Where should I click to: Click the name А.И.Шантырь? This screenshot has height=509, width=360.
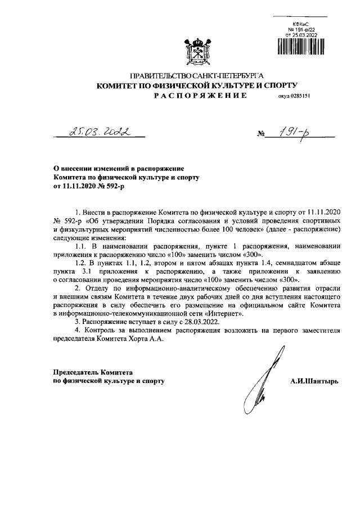pyautogui.click(x=314, y=381)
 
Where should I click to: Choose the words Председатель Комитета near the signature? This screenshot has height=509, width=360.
pyautogui.click(x=92, y=372)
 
